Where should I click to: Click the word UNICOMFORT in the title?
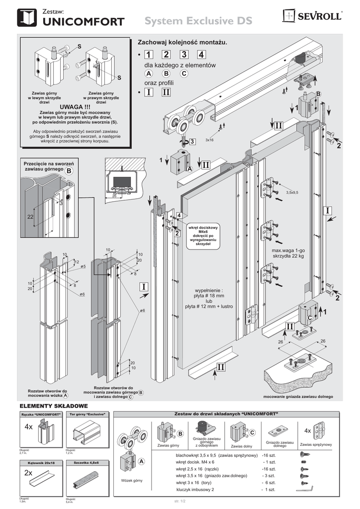(84, 21)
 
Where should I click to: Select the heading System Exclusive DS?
(198, 21)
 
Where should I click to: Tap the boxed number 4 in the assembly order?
(201, 54)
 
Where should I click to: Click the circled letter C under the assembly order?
(184, 74)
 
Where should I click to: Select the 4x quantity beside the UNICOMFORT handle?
(28, 427)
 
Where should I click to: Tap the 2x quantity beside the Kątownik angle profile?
(28, 474)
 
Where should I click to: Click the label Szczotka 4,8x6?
(86, 462)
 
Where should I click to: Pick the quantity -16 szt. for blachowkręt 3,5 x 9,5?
(272, 455)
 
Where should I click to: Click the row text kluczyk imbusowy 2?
(195, 490)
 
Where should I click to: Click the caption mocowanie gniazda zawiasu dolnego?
(298, 396)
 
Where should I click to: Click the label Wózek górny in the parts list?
(131, 480)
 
